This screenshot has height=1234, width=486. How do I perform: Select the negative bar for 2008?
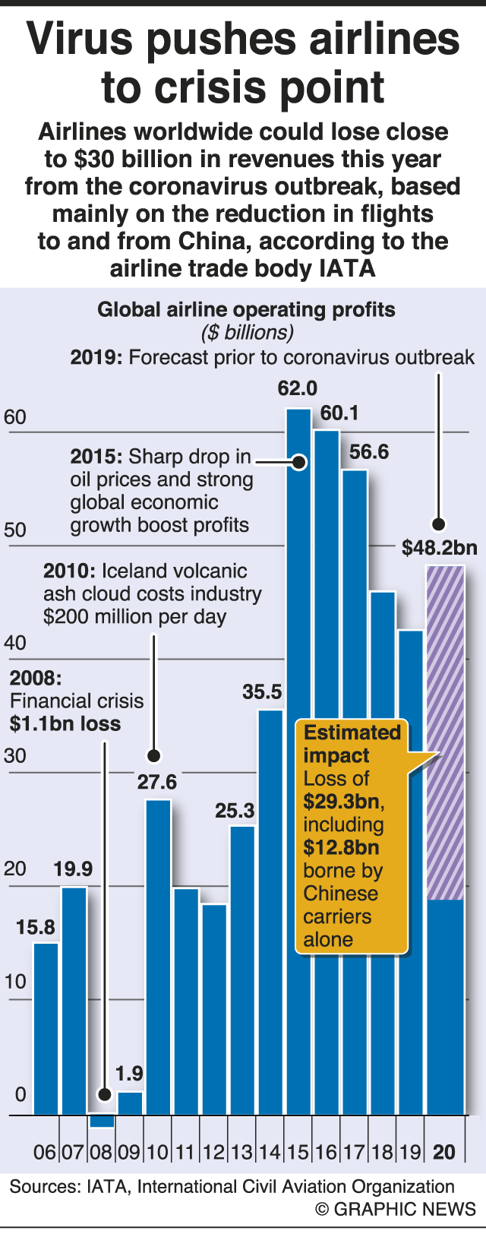pyautogui.click(x=102, y=1120)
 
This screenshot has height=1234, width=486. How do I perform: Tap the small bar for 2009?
pyautogui.click(x=130, y=1103)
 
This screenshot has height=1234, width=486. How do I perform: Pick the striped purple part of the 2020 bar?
pyautogui.click(x=445, y=729)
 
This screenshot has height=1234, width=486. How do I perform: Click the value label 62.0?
pyautogui.click(x=298, y=389)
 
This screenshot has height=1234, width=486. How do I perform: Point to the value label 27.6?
pyautogui.click(x=157, y=783)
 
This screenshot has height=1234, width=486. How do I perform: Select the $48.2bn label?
pyautogui.click(x=440, y=548)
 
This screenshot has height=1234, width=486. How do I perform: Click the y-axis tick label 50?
pyautogui.click(x=15, y=530)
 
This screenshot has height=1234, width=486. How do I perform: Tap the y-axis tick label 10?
pyautogui.click(x=15, y=981)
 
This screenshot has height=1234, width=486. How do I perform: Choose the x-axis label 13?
pyautogui.click(x=241, y=1152)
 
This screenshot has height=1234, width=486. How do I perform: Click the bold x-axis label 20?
pyautogui.click(x=444, y=1152)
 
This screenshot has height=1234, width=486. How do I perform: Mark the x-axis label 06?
pyautogui.click(x=45, y=1152)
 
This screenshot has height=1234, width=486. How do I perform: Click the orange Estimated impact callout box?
pyautogui.click(x=352, y=836)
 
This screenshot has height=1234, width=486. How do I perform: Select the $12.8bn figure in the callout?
pyautogui.click(x=341, y=847)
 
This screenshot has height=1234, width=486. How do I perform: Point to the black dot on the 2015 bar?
pyautogui.click(x=299, y=461)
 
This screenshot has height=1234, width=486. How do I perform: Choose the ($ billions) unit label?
pyautogui.click(x=247, y=333)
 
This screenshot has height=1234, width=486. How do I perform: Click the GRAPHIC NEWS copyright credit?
pyautogui.click(x=396, y=1209)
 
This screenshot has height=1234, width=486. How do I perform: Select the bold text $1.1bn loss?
pyautogui.click(x=65, y=723)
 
